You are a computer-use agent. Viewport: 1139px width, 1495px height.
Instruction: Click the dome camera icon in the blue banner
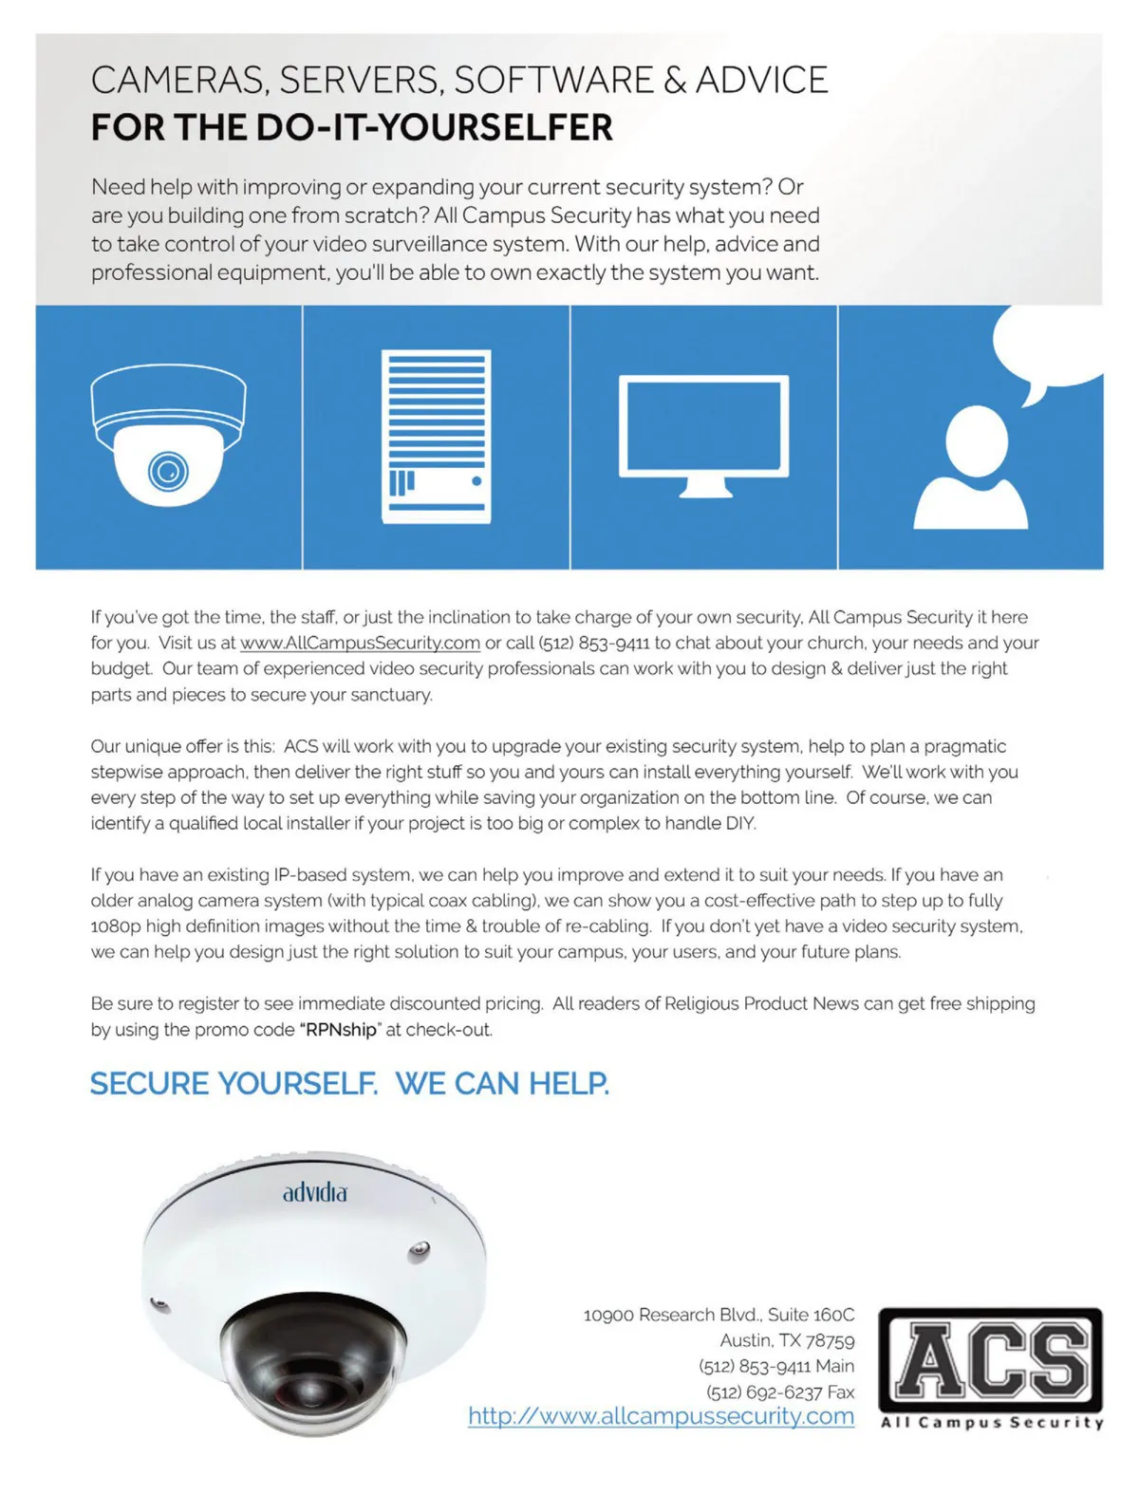tap(169, 435)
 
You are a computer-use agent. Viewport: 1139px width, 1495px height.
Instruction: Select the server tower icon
tap(436, 437)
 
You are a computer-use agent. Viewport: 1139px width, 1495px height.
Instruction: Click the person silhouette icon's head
tap(977, 440)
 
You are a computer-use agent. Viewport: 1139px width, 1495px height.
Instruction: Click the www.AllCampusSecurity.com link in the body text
tap(360, 643)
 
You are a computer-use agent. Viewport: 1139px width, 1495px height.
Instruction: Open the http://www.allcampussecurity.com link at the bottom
tap(661, 1416)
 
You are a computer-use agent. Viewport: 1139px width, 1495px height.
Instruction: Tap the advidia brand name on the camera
tap(315, 1192)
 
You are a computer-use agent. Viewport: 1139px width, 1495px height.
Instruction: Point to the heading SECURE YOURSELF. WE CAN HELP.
tap(349, 1083)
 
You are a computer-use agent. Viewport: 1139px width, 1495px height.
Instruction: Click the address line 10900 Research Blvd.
tap(719, 1315)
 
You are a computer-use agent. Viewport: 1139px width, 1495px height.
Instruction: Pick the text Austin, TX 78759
tap(787, 1340)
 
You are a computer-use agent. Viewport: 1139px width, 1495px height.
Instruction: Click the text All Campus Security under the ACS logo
tap(992, 1423)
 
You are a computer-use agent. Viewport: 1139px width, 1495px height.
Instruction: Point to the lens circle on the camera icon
tap(168, 471)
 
